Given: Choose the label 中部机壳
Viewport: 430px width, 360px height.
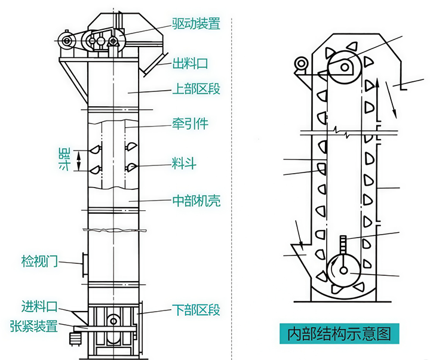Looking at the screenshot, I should (196, 201).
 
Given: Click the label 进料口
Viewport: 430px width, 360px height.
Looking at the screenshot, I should (39, 307).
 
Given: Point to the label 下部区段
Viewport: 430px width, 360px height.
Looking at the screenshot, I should (196, 310).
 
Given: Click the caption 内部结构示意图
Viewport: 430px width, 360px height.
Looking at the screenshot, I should (339, 333).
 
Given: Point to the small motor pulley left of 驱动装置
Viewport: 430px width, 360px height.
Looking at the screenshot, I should (64, 41).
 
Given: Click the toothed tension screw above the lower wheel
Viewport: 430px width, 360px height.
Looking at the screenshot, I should (343, 244).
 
